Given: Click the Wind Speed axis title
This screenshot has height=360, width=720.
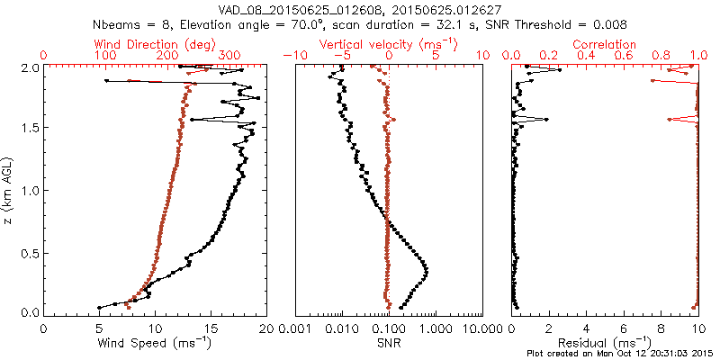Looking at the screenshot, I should [x=155, y=342].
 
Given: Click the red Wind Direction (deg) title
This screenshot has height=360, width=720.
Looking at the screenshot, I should [x=155, y=44].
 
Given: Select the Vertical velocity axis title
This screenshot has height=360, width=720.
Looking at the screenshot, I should [x=389, y=44].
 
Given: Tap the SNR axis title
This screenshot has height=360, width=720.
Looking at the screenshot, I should [x=389, y=342].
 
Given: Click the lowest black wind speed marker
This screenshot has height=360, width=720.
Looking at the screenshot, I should [x=100, y=308].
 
